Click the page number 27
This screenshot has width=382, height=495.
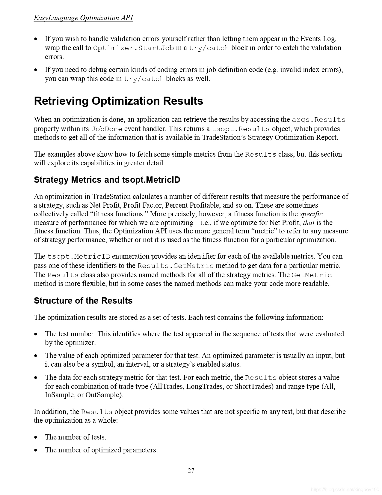pos(191,470)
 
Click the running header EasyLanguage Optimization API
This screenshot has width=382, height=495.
pos(83,18)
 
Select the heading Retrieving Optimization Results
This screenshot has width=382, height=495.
pos(118,101)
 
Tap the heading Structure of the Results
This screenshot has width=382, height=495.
pos(83,301)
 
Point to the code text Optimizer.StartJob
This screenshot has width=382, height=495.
pos(134,48)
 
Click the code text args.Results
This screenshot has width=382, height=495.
pos(318,120)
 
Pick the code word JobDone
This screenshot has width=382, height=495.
pos(107,129)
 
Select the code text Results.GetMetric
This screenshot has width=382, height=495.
pos(176,266)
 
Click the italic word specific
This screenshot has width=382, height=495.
pos(311,214)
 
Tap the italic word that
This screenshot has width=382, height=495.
pos(309,223)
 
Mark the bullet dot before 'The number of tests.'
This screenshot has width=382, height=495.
pos(36,437)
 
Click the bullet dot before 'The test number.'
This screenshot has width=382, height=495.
pos(36,334)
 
